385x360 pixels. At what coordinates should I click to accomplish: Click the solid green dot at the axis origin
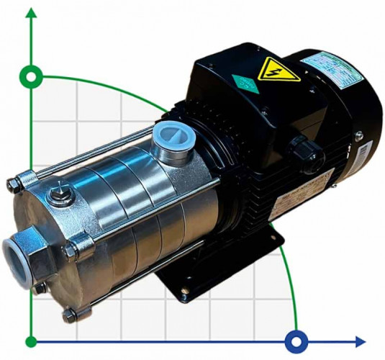coord(31,341)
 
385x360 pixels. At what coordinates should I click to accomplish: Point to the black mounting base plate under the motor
coord(209,274)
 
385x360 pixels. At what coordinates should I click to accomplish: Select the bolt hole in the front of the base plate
coord(186,291)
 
